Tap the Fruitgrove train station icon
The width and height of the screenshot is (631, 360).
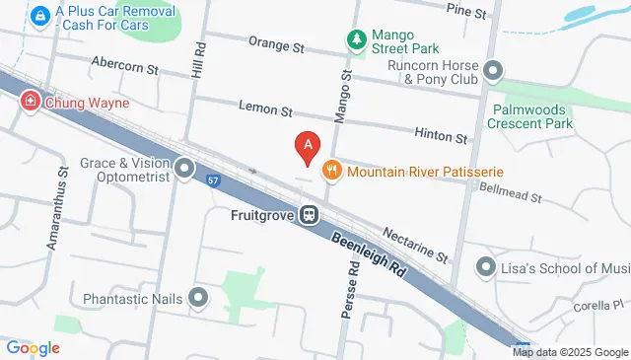pyautogui.click(x=310, y=214)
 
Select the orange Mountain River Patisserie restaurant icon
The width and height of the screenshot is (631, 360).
pyautogui.click(x=331, y=171)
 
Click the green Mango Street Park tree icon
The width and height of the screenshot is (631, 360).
pyautogui.click(x=356, y=39)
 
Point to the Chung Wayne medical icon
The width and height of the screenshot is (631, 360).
pyautogui.click(x=31, y=101)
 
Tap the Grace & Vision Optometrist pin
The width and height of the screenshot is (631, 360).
pyautogui.click(x=184, y=170)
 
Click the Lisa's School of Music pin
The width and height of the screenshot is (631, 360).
pyautogui.click(x=485, y=266)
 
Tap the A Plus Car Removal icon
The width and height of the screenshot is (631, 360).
pyautogui.click(x=40, y=17)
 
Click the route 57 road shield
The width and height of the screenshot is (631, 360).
pyautogui.click(x=213, y=180)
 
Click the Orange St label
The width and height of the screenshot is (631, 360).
pyautogui.click(x=276, y=45)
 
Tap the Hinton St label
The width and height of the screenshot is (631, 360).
pyautogui.click(x=441, y=137)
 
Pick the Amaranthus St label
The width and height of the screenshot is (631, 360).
pyautogui.click(x=62, y=198)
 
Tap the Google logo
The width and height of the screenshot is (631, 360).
pyautogui.click(x=33, y=347)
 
